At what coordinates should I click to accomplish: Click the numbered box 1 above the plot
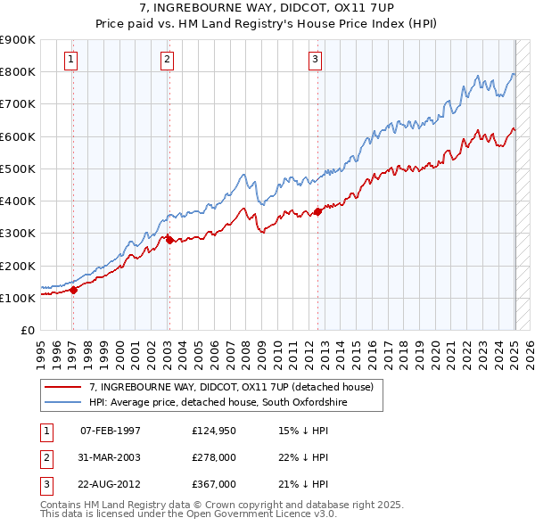(70, 60)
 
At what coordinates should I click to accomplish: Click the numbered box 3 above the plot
(316, 60)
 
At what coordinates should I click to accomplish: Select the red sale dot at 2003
(169, 240)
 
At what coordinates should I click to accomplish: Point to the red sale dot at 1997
(74, 289)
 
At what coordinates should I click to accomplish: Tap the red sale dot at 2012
(318, 211)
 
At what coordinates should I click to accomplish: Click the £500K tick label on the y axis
(17, 168)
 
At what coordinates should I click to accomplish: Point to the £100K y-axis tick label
(17, 298)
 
